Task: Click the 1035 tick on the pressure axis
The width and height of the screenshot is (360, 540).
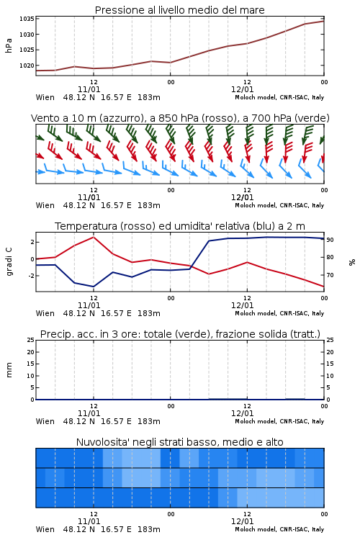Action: click(x=27, y=19)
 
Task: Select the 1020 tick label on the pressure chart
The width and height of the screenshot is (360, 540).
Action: click(x=27, y=66)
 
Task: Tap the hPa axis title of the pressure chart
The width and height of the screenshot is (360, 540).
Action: click(x=9, y=45)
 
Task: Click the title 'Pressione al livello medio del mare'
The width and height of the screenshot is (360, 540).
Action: click(x=180, y=10)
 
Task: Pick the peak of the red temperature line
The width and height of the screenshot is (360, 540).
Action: click(x=94, y=237)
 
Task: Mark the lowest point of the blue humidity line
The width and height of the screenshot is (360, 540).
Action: click(x=94, y=287)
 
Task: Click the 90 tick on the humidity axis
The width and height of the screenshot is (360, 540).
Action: click(x=330, y=240)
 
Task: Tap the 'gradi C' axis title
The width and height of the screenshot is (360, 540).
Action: click(x=9, y=262)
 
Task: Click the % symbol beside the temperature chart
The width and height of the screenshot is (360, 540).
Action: click(x=352, y=262)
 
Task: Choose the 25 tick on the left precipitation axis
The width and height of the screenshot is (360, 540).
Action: click(x=31, y=340)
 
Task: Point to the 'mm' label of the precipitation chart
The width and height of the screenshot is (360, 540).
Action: click(x=9, y=370)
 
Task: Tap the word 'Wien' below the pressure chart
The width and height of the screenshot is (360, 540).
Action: click(x=45, y=97)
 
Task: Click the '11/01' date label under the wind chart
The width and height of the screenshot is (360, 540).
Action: click(x=89, y=197)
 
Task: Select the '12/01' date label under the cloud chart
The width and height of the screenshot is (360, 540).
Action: click(x=242, y=521)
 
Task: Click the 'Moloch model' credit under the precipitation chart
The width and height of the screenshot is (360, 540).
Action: click(x=256, y=421)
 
